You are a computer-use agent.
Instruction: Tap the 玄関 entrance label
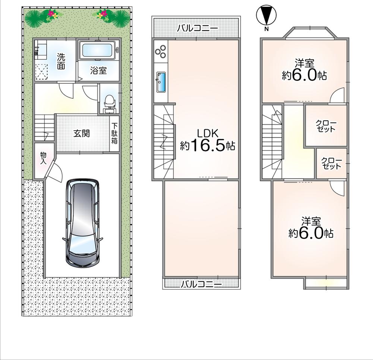tap(81, 134)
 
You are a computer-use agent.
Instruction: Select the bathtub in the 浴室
tap(97, 50)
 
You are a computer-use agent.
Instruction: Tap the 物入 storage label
tap(43, 158)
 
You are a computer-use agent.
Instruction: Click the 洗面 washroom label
tap(61, 61)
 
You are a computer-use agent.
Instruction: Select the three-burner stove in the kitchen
tap(161, 52)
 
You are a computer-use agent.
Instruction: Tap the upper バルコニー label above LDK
tap(197, 29)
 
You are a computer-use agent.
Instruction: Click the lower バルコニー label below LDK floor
tap(201, 284)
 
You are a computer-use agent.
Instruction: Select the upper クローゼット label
tap(326, 126)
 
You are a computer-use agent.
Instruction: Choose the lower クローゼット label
tap(332, 163)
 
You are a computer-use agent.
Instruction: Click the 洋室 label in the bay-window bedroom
tap(304, 64)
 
